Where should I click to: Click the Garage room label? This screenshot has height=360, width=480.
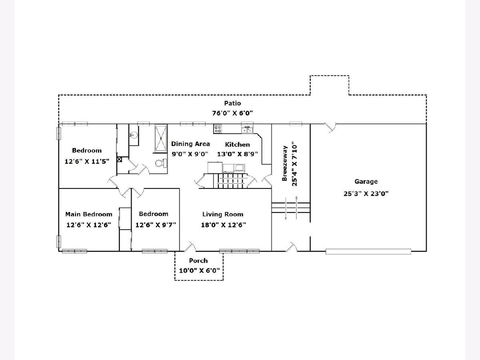(x=366, y=182)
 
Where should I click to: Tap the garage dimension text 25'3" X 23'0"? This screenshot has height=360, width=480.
(x=366, y=194)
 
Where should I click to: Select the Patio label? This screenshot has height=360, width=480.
(x=232, y=104)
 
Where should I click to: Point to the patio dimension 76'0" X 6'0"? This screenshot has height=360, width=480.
(x=232, y=113)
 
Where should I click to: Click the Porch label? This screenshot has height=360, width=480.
(x=198, y=261)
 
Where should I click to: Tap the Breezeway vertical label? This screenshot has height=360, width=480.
(x=285, y=162)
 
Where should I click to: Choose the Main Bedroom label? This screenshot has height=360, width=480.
(x=89, y=214)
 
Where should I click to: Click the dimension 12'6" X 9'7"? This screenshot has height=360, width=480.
(x=156, y=225)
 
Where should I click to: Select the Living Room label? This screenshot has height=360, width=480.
(x=223, y=214)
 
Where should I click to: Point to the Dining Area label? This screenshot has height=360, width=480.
(x=190, y=144)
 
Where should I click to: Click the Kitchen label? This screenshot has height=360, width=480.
(x=237, y=144)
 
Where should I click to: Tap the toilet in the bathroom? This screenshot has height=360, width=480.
(x=160, y=163)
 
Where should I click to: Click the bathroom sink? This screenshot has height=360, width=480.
(x=134, y=135)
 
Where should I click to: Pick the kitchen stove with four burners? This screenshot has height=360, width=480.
(x=218, y=129)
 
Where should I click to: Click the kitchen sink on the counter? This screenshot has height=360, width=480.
(x=247, y=129)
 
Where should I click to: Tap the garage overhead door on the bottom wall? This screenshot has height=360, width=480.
(x=368, y=252)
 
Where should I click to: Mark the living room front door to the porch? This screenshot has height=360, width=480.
(x=190, y=247)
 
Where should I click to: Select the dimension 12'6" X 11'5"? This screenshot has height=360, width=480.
(x=87, y=162)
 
